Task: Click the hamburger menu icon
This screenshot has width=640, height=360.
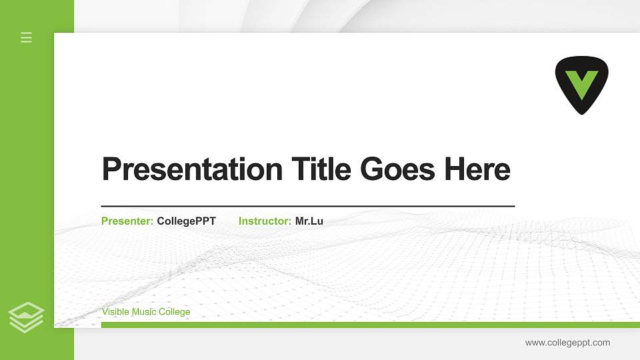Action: (27, 37)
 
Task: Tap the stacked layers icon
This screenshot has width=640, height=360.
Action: (27, 317)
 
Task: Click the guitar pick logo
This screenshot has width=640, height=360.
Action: (581, 84)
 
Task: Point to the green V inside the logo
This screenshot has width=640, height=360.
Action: (581, 83)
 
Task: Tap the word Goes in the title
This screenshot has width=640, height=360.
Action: (399, 169)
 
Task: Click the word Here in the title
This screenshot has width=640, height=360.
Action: (477, 169)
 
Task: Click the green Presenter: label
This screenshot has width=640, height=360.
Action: (127, 221)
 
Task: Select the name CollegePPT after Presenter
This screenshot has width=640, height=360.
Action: (186, 221)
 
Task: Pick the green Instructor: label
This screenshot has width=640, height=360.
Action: (265, 221)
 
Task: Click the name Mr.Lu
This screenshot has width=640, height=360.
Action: (309, 221)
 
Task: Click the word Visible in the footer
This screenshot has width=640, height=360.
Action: (115, 312)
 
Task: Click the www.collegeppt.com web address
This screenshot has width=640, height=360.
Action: (567, 343)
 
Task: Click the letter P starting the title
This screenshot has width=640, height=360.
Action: (111, 169)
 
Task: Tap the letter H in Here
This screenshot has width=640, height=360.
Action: (455, 169)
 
